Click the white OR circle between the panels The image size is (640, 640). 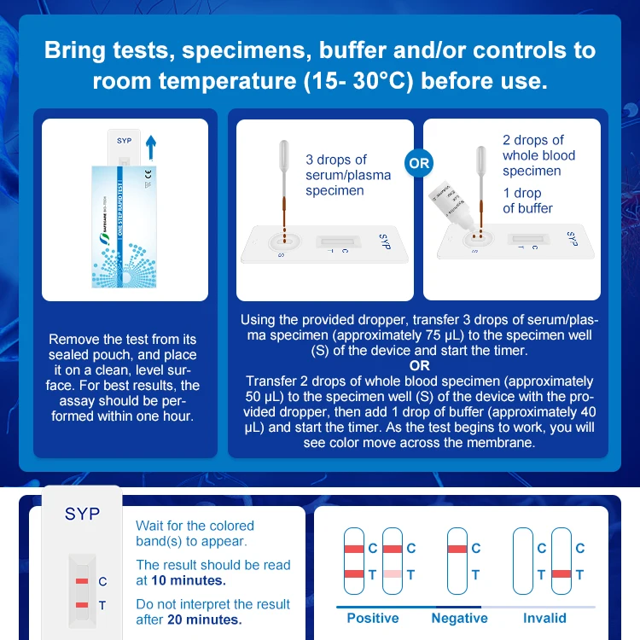pyautogui.click(x=419, y=162)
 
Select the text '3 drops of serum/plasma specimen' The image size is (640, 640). pyautogui.click(x=348, y=175)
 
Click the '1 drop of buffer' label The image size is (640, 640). pyautogui.click(x=527, y=201)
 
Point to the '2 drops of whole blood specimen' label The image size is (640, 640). pyautogui.click(x=538, y=155)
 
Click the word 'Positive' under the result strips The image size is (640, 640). pyautogui.click(x=372, y=618)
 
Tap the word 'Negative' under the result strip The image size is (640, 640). pyautogui.click(x=459, y=618)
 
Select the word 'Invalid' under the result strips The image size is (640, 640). pyautogui.click(x=544, y=618)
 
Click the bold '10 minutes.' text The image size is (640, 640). pyautogui.click(x=189, y=580)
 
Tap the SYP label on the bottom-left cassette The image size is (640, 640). pyautogui.click(x=82, y=515)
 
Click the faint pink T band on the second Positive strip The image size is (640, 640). pyautogui.click(x=393, y=575)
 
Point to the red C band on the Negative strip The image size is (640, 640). pyautogui.click(x=457, y=548)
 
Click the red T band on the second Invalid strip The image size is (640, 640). pyautogui.click(x=561, y=575)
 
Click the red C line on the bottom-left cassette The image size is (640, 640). pyautogui.click(x=82, y=581)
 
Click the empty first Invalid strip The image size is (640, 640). pyautogui.click(x=522, y=561)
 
